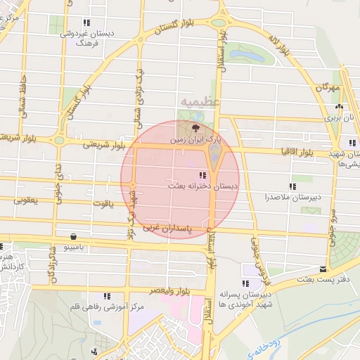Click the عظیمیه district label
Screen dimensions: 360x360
pos(200,103)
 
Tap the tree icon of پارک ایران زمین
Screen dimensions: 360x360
pos(195,128)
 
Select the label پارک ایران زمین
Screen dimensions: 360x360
pos(195,140)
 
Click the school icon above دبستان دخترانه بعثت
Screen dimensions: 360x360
pos(202,175)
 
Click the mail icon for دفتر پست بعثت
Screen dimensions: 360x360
pos(323,269)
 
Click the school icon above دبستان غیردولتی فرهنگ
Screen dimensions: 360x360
pos(86,23)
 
